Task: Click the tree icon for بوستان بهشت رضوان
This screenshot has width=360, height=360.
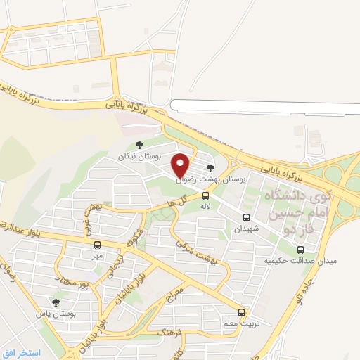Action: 210,167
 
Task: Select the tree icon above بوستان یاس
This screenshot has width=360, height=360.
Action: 56,302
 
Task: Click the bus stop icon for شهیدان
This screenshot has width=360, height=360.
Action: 246,217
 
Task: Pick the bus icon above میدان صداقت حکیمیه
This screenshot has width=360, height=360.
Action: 301,249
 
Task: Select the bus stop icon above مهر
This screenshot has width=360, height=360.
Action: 96,245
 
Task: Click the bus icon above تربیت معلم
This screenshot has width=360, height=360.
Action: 241,312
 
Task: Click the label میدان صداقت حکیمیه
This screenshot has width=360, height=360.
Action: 300,261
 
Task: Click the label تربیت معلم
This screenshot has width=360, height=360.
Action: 242,324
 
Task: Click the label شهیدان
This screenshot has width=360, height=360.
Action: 247,229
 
